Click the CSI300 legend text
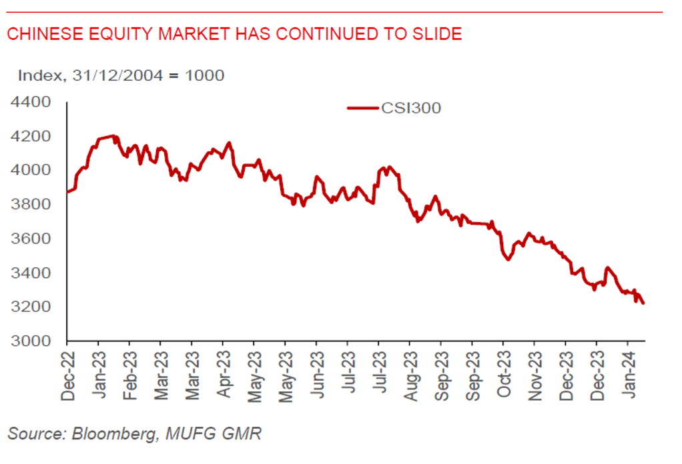click(411, 107)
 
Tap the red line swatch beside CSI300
click(363, 107)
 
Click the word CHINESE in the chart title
click(40, 33)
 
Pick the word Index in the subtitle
click(38, 75)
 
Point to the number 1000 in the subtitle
click(205, 75)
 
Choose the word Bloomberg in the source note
click(113, 434)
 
